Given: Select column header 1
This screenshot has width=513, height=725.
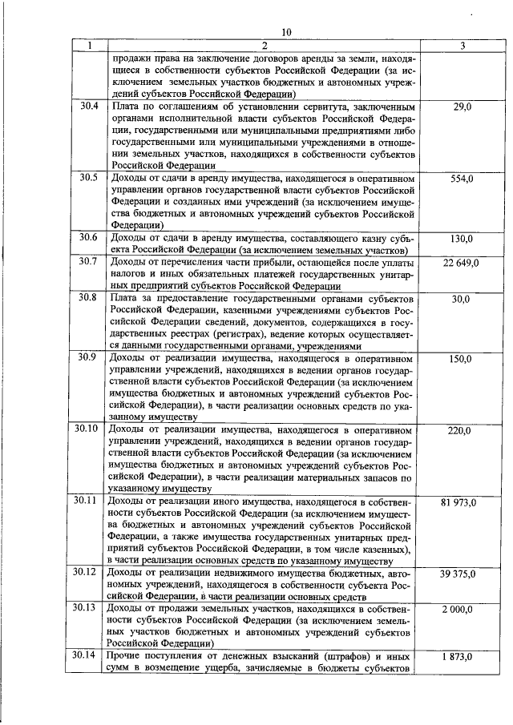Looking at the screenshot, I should point(89,46).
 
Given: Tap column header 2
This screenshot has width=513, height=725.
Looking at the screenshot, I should point(261,46).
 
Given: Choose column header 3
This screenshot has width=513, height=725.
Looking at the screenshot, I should point(460,46).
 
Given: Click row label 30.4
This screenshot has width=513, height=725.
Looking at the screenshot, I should point(89,106).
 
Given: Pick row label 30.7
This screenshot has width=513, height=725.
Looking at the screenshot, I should point(89,262).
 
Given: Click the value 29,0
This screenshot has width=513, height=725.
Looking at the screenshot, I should point(461,106).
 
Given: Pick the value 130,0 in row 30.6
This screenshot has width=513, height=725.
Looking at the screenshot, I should point(461,239).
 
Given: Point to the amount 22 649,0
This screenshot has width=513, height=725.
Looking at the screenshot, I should point(461,263).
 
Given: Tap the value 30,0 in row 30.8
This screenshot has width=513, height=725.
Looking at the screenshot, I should point(461,299).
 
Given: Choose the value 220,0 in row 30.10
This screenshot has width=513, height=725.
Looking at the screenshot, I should point(461,430).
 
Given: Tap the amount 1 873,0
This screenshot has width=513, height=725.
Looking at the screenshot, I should point(461,656).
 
